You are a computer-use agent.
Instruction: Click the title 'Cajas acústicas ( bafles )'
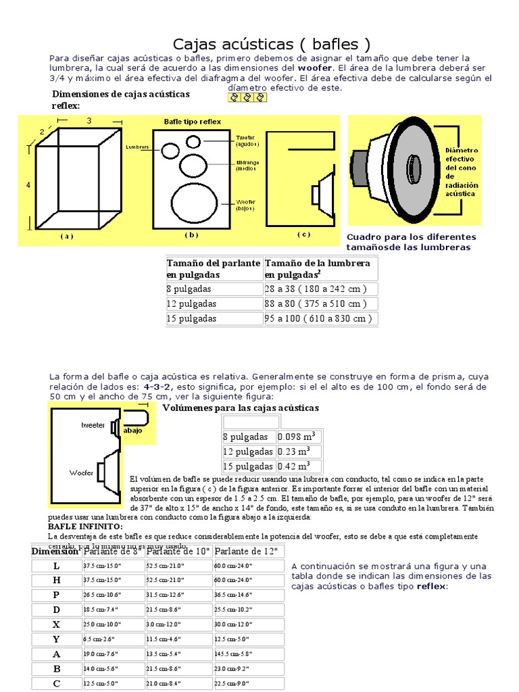point(272,45)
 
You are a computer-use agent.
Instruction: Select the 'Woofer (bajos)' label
point(245,204)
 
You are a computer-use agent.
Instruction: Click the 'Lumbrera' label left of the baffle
point(137,145)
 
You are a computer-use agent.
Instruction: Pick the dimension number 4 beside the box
point(28,184)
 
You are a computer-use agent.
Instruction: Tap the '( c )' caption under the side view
point(303,234)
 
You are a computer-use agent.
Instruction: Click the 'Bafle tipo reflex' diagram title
point(193,122)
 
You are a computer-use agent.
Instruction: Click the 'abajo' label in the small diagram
point(133,430)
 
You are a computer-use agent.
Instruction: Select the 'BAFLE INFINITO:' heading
point(85,526)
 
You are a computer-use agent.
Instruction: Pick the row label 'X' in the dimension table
point(57,624)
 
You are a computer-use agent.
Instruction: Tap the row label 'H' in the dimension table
point(57,580)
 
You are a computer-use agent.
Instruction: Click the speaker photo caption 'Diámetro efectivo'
point(462,154)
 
